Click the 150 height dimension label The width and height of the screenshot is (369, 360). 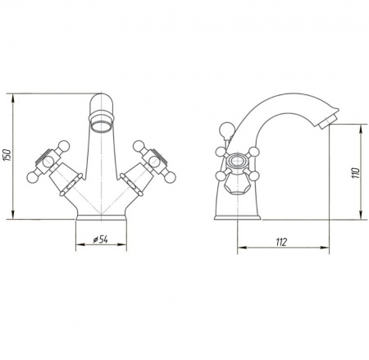coord(7,155)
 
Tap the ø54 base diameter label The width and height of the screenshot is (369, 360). coord(101,239)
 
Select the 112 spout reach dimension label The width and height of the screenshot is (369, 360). coord(281,242)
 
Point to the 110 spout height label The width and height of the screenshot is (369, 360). coord(356,173)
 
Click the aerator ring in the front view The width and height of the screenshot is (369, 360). coord(102,126)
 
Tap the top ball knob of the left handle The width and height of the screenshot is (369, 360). coord(64,145)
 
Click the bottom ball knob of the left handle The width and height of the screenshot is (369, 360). coord(33,177)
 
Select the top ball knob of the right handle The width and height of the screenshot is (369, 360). coord(139,145)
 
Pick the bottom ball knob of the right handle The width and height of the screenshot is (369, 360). coord(170,177)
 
